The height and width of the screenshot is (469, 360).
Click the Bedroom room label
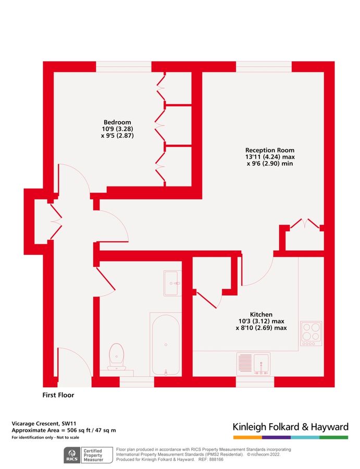pyautogui.click(x=117, y=122)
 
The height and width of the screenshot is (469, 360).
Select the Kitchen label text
pyautogui.click(x=261, y=315)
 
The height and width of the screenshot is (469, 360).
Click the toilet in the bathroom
pyautogui.click(x=117, y=357)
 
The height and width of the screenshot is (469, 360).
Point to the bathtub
pyautogui.click(x=165, y=344)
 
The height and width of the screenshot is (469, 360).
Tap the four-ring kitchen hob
pyautogui.click(x=311, y=334)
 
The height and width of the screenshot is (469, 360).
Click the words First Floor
pyautogui.click(x=58, y=395)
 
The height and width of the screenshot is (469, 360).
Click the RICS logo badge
pyautogui.click(x=71, y=456)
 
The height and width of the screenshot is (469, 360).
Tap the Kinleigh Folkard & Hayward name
pyautogui.click(x=290, y=427)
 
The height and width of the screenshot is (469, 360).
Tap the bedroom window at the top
pyautogui.click(x=124, y=67)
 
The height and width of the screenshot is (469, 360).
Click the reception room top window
pyautogui.click(x=264, y=67)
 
